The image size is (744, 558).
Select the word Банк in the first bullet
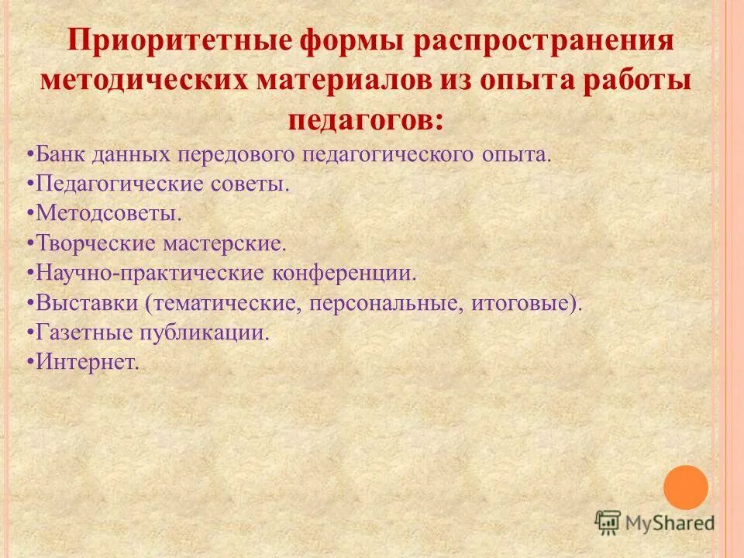pyautogui.click(x=62, y=153)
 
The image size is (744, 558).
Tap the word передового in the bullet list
pyautogui.click(x=226, y=153)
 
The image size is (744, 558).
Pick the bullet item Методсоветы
pyautogui.click(x=108, y=213)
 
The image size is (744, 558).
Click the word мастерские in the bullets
pyautogui.click(x=225, y=243)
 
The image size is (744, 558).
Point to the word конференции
pyautogui.click(x=346, y=273)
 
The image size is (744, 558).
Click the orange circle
pyautogui.click(x=686, y=487)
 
